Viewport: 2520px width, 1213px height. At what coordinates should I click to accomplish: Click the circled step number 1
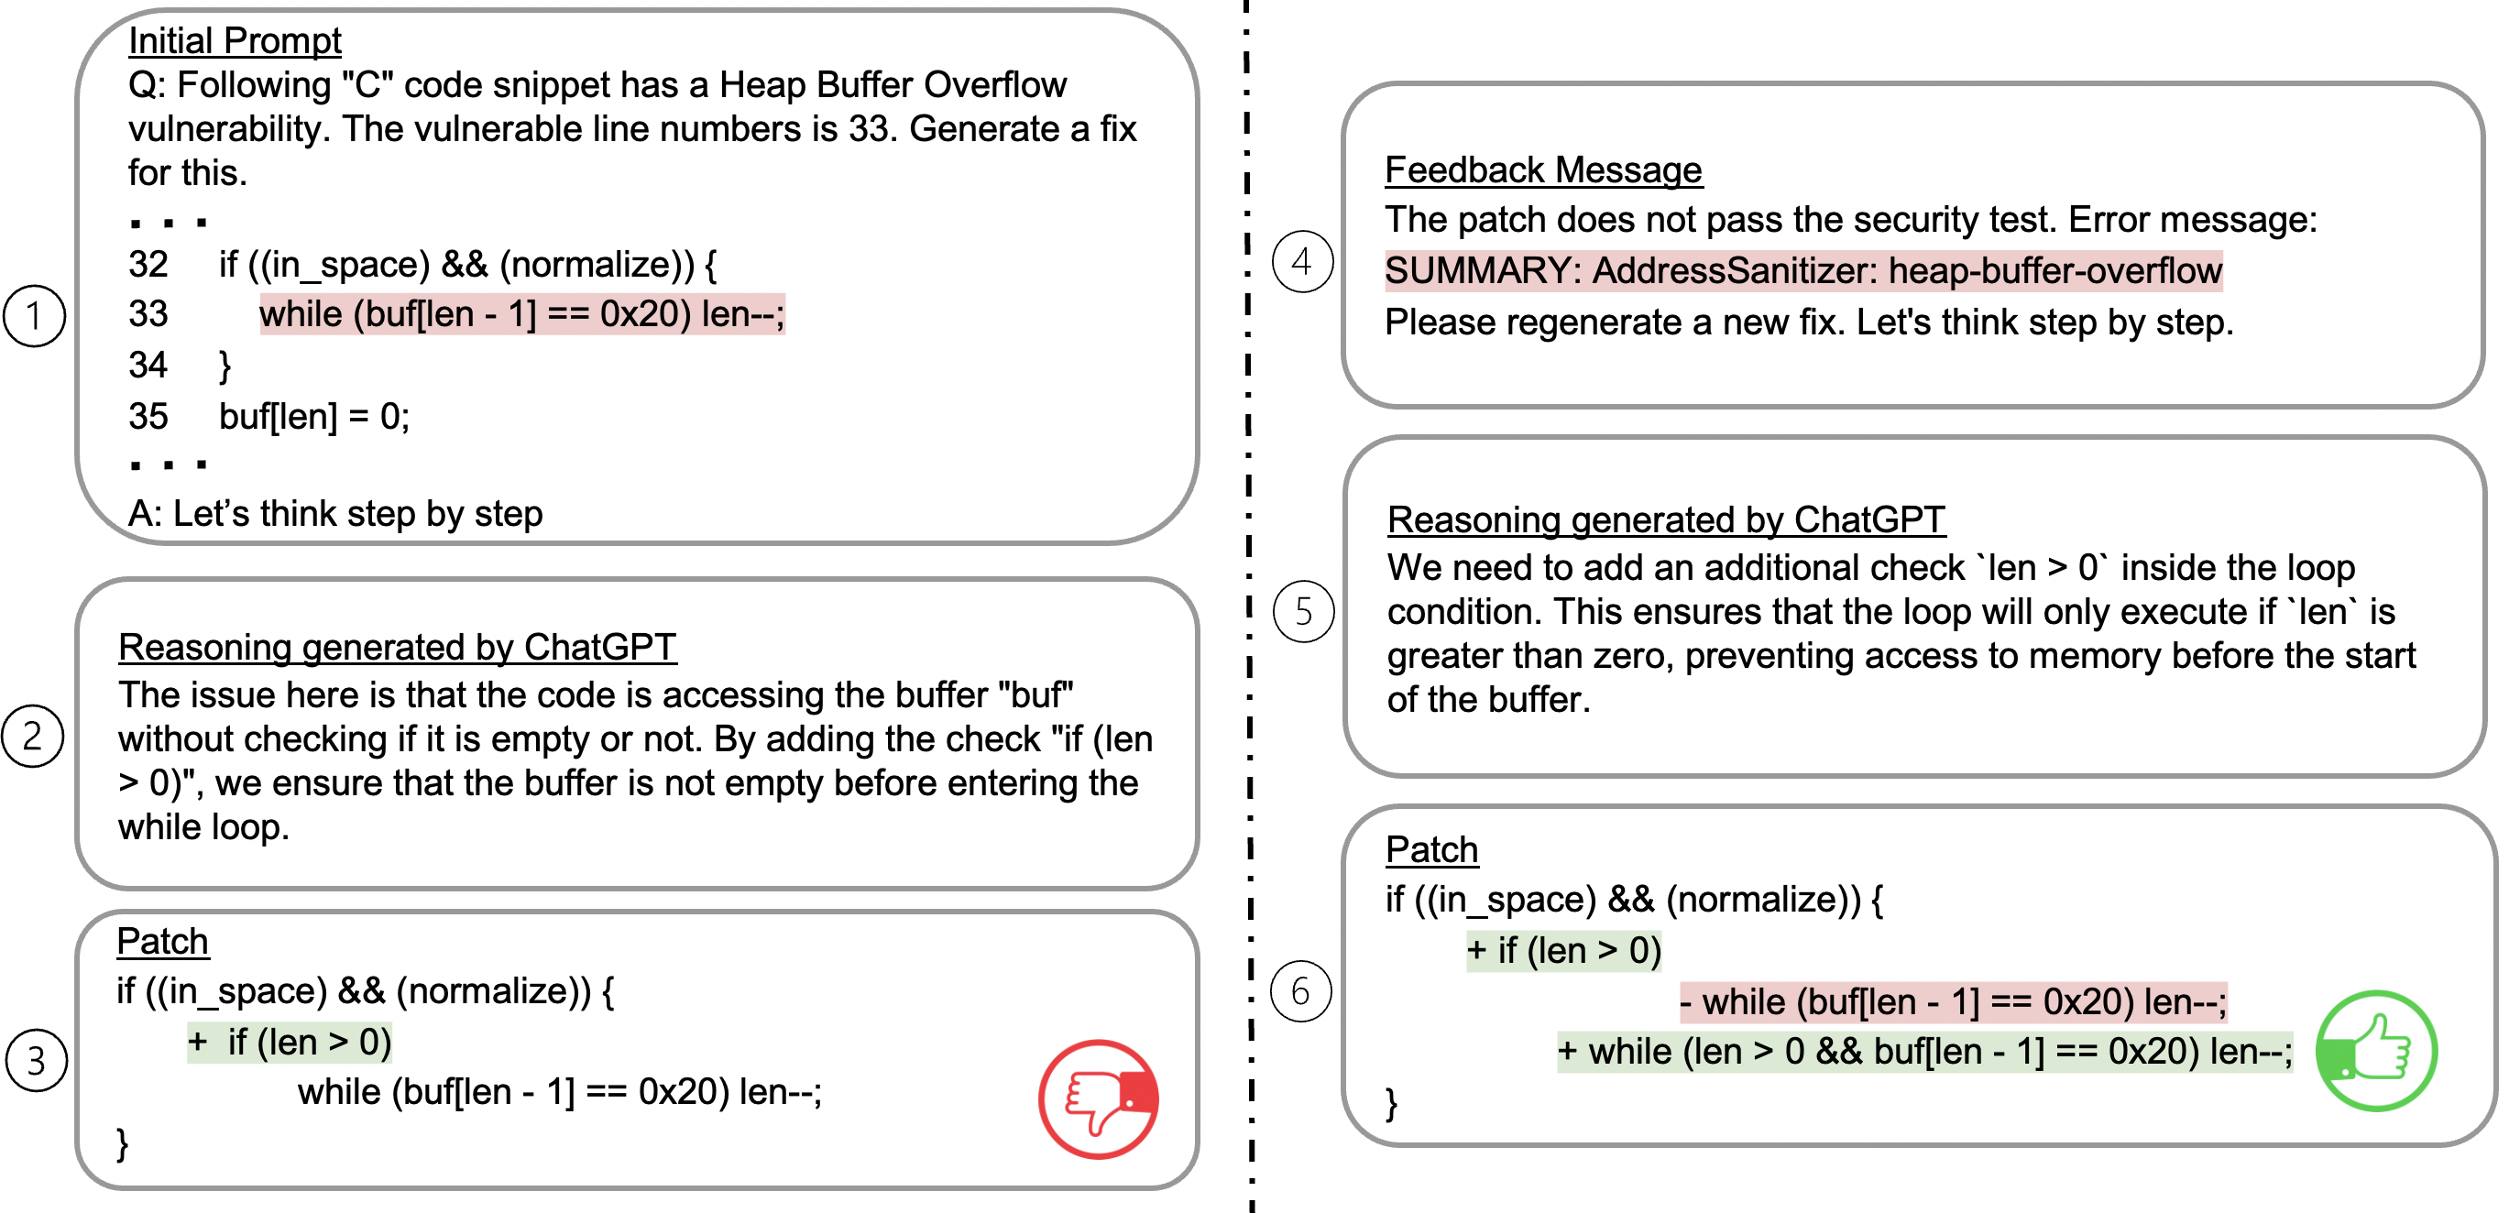pyautogui.click(x=34, y=316)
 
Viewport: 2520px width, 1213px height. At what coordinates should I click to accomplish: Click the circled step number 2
pyautogui.click(x=32, y=736)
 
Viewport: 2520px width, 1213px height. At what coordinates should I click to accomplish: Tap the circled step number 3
pyautogui.click(x=36, y=1060)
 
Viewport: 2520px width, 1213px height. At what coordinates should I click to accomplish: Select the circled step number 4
pyautogui.click(x=1302, y=261)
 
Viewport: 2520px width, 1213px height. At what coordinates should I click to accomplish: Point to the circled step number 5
pyautogui.click(x=1303, y=611)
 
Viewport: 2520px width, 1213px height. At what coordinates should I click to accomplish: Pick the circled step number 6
pyautogui.click(x=1300, y=991)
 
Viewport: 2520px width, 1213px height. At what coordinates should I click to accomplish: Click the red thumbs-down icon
pyautogui.click(x=1099, y=1098)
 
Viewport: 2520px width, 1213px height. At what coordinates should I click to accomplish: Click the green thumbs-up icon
pyautogui.click(x=2376, y=1052)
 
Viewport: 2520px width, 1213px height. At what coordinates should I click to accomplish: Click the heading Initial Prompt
pyautogui.click(x=235, y=40)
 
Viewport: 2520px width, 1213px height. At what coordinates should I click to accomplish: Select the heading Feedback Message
pyautogui.click(x=1543, y=170)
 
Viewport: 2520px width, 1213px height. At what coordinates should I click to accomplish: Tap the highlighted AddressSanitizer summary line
pyautogui.click(x=1802, y=271)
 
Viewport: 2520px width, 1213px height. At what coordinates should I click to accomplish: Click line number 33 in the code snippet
pyautogui.click(x=148, y=314)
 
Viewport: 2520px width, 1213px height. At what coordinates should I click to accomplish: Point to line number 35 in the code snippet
pyautogui.click(x=148, y=417)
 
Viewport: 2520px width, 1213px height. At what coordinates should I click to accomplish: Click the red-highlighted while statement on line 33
pyautogui.click(x=521, y=314)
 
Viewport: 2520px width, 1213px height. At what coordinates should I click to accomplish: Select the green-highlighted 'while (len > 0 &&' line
pyautogui.click(x=1924, y=1052)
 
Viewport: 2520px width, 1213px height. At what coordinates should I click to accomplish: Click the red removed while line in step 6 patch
pyautogui.click(x=1953, y=1001)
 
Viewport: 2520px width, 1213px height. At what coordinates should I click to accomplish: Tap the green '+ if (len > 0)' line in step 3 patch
pyautogui.click(x=290, y=1043)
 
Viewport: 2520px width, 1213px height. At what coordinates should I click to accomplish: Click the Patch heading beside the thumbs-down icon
pyautogui.click(x=162, y=941)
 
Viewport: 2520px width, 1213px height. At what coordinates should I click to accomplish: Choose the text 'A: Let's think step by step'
pyautogui.click(x=335, y=514)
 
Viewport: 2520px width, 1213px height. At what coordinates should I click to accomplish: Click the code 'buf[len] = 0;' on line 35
pyautogui.click(x=314, y=417)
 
